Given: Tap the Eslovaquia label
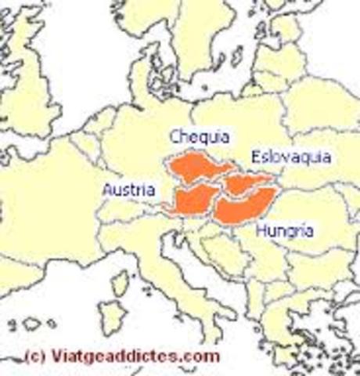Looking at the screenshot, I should tap(285, 157).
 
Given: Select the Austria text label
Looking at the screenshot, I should tap(129, 190).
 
